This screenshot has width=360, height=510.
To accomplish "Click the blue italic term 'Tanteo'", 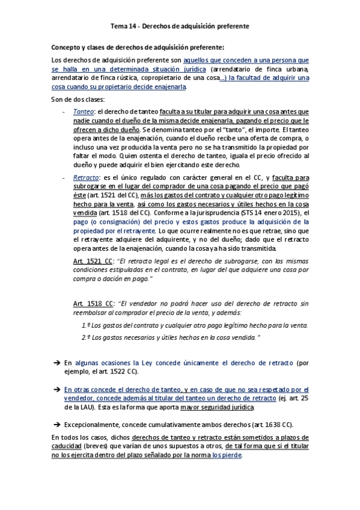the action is pos(83,112).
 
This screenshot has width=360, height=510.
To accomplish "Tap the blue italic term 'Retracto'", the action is pos(85,178).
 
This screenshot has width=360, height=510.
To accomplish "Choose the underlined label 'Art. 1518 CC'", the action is pos(92,303).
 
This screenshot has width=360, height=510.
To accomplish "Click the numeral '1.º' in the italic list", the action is pos(86,325).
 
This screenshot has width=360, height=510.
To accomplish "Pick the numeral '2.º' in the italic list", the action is pos(86,338).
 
